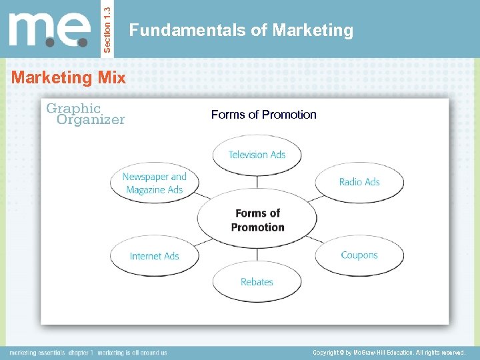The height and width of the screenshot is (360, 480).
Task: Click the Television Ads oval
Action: [257, 155]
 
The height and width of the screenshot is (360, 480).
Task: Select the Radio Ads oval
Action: [359, 182]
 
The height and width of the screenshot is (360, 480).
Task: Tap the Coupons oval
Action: [359, 255]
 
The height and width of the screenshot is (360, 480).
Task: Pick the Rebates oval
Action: [257, 282]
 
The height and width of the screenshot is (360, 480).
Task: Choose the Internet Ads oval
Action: [154, 256]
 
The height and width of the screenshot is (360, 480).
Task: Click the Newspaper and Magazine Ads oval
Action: [155, 183]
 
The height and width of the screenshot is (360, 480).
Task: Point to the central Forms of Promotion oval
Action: [257, 219]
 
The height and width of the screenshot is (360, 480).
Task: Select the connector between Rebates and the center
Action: [257, 254]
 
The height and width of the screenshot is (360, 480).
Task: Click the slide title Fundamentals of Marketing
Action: [241, 30]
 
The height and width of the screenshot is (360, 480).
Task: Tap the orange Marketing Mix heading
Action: [69, 77]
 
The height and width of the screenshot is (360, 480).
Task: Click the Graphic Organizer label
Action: [85, 114]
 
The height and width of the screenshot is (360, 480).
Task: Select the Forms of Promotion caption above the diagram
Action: [263, 115]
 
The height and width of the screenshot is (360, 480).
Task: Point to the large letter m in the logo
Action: [34, 31]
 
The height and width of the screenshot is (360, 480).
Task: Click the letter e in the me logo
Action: [75, 31]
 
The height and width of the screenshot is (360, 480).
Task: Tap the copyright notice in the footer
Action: [389, 352]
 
